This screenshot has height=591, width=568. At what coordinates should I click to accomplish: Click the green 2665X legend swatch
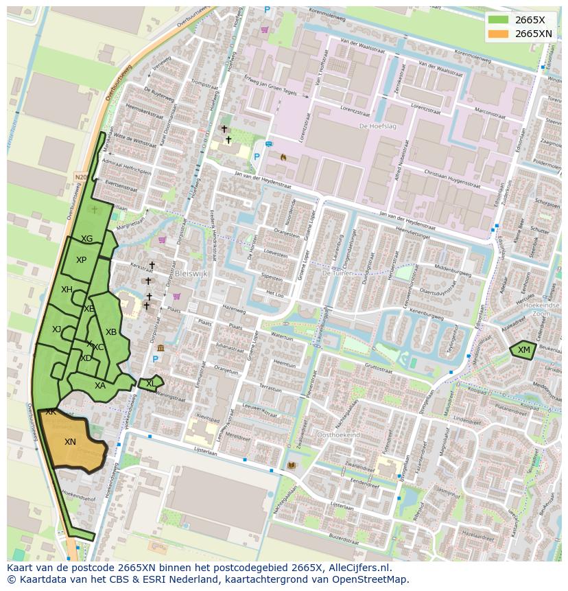point(499,20)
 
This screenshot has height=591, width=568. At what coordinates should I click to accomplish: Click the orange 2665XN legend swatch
point(499,34)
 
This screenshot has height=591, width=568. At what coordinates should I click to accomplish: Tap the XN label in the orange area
point(70,442)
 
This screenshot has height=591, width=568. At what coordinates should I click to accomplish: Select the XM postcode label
point(524,350)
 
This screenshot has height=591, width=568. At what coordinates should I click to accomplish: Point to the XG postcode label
point(86,239)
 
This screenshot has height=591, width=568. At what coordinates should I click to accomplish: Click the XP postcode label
point(81,260)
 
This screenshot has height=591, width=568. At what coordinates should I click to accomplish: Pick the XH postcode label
point(67,290)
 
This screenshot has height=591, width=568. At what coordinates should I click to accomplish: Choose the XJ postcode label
point(57,329)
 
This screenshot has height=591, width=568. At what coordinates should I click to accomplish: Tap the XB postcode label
point(111,332)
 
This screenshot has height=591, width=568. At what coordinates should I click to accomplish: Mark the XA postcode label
point(100,386)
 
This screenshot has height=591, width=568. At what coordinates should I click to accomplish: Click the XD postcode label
point(86,358)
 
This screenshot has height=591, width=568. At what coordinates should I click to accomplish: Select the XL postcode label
point(151,384)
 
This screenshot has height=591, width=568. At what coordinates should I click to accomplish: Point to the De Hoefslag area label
point(374,126)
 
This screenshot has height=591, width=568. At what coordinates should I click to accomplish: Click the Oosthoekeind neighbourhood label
point(338,435)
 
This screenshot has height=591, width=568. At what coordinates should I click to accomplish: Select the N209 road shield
point(81,177)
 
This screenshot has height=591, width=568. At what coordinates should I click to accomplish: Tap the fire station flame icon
point(283,157)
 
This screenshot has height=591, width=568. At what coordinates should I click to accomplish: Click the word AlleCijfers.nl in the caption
point(358,568)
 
